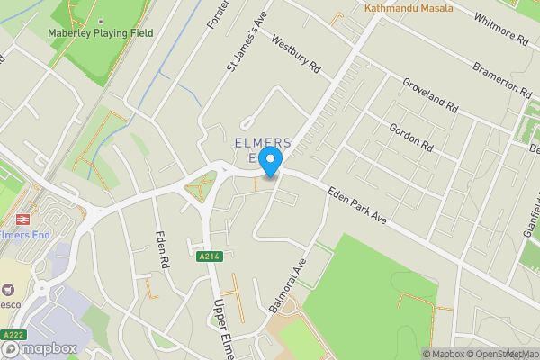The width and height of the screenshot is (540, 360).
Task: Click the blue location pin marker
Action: [x=271, y=163]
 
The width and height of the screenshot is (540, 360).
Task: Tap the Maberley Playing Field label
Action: [x=100, y=33]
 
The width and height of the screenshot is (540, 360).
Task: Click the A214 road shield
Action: [x=209, y=257]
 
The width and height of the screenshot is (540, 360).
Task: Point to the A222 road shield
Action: [x=13, y=335]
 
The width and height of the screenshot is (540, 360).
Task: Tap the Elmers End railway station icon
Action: [x=20, y=219]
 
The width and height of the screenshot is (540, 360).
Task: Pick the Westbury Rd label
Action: [x=295, y=56]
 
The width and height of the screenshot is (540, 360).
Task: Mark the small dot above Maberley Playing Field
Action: [x=100, y=20]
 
